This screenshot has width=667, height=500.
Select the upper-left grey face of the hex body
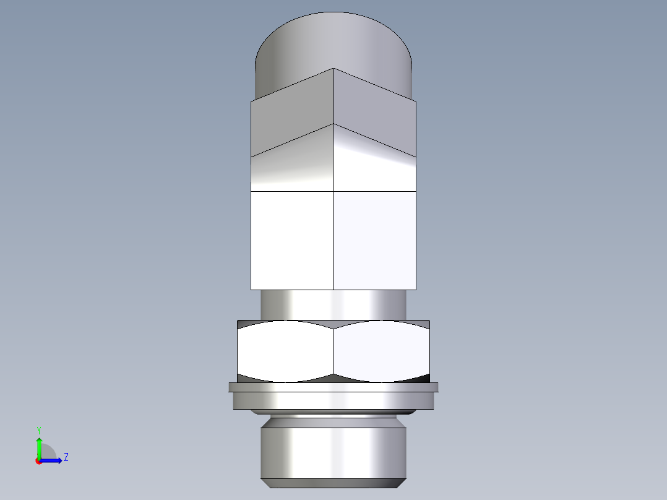291,118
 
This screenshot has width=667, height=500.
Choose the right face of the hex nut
381,351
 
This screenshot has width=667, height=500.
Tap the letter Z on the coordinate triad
66,458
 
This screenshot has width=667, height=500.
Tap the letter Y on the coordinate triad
38,429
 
